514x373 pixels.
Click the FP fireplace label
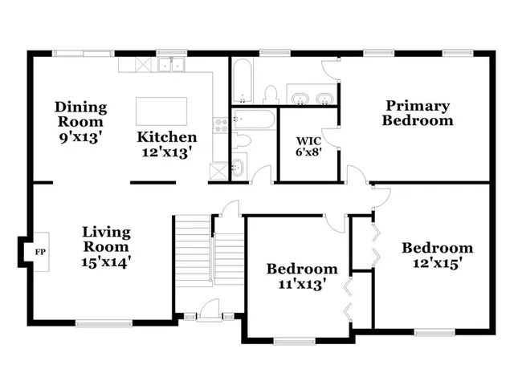coord(39,252)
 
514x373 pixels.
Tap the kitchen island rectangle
coord(161,111)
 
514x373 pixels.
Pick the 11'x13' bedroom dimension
coord(302,283)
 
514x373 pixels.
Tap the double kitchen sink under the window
coord(171,65)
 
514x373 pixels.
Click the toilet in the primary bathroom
coord(271,93)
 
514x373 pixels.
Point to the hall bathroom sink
coord(239,168)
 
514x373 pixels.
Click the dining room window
coord(83,54)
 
